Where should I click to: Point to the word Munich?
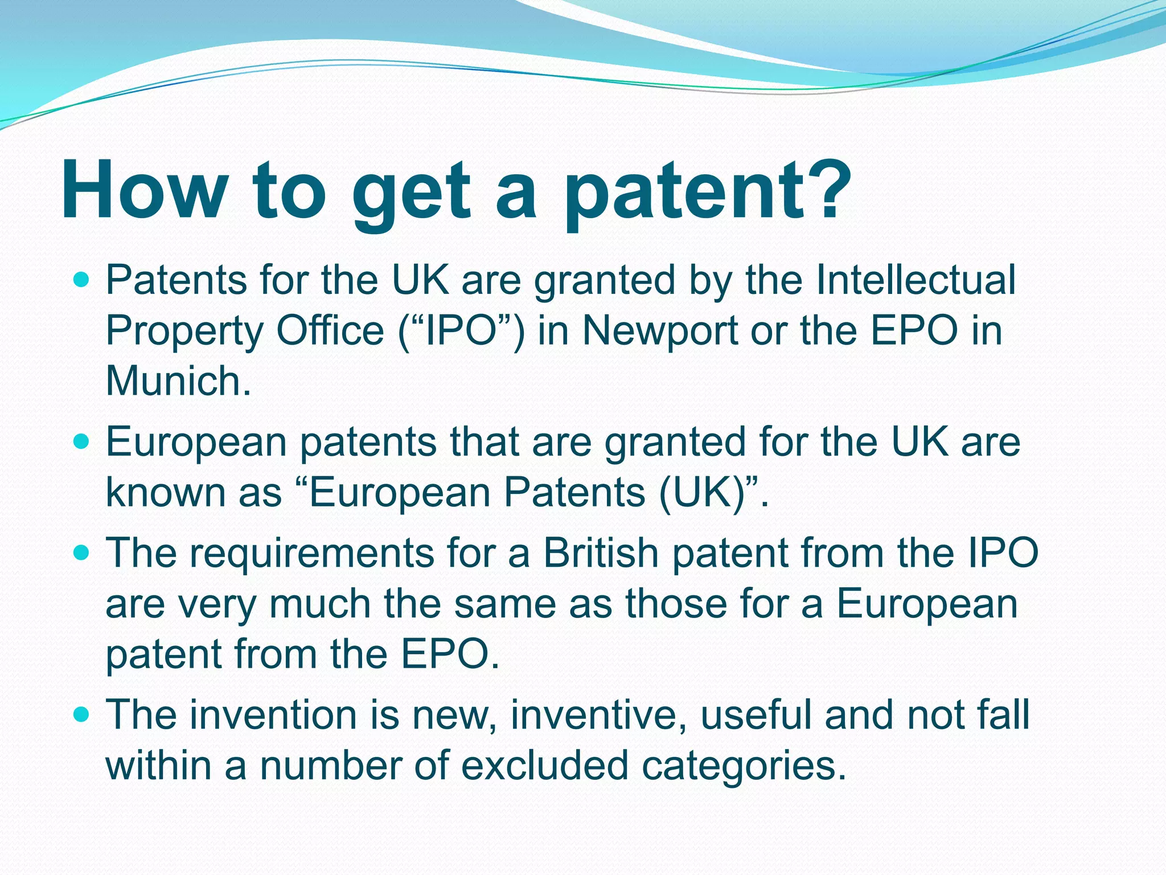pos(178,381)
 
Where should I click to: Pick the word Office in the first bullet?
pos(330,330)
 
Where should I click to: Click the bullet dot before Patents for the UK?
pos(83,280)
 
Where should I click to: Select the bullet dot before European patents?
pos(83,441)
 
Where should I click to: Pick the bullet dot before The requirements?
pos(83,553)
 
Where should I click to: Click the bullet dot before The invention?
pos(83,714)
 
